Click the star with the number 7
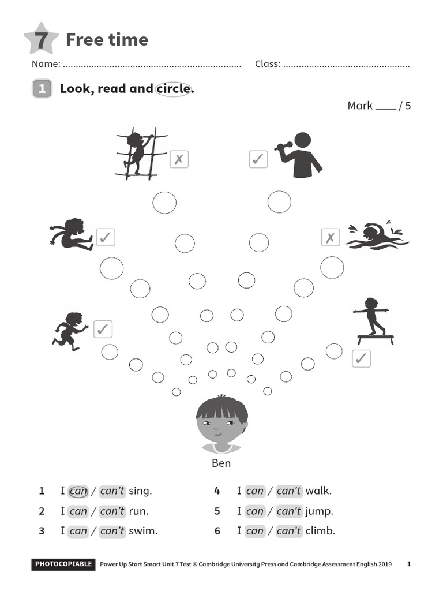click(x=41, y=39)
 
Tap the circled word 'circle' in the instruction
click(x=173, y=89)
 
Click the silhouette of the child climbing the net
click(x=138, y=153)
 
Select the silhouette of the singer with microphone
click(x=300, y=155)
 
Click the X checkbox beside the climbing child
click(x=179, y=159)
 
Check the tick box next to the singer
click(x=258, y=159)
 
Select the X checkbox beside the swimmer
click(x=330, y=237)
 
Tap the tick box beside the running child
click(x=103, y=329)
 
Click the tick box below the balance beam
click(x=361, y=358)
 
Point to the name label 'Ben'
click(x=221, y=463)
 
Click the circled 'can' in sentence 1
click(x=78, y=492)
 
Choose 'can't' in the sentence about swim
click(x=112, y=531)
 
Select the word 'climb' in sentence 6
click(x=320, y=531)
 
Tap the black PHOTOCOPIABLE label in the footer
click(x=63, y=564)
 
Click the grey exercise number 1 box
click(x=42, y=89)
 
